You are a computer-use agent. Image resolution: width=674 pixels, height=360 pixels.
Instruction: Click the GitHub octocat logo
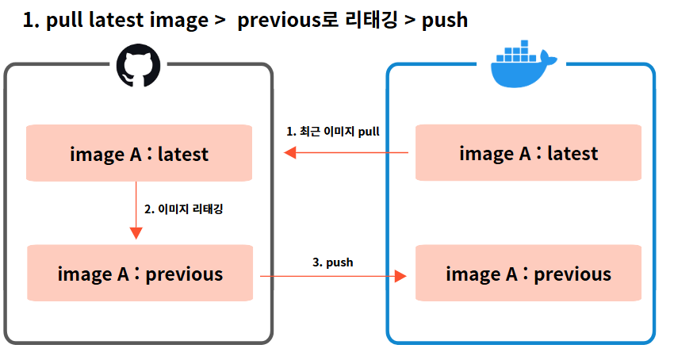tap(139, 65)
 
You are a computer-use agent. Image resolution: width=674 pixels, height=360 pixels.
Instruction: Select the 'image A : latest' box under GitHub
tap(139, 153)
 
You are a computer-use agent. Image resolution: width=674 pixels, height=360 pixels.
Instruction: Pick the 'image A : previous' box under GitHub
tap(140, 274)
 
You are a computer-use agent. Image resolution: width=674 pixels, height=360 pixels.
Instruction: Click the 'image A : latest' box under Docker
tap(528, 153)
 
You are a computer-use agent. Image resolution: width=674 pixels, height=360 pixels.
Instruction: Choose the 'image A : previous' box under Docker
tap(528, 274)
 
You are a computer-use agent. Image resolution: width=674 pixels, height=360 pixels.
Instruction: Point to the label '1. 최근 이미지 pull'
tap(334, 131)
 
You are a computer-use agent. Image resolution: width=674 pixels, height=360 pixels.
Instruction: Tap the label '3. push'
tap(332, 262)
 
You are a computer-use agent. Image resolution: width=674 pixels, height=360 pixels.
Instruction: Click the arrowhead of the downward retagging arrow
tap(136, 233)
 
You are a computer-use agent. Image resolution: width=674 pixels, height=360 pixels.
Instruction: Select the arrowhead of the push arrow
tap(400, 275)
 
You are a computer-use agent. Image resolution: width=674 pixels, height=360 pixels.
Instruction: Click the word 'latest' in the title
tap(114, 21)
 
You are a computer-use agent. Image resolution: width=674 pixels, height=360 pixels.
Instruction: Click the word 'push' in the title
tap(445, 21)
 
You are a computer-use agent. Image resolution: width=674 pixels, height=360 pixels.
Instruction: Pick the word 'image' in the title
tap(175, 21)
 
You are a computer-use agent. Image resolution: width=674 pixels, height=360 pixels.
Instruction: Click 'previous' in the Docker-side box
tap(573, 274)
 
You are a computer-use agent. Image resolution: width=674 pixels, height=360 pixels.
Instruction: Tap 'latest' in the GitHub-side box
tap(183, 153)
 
